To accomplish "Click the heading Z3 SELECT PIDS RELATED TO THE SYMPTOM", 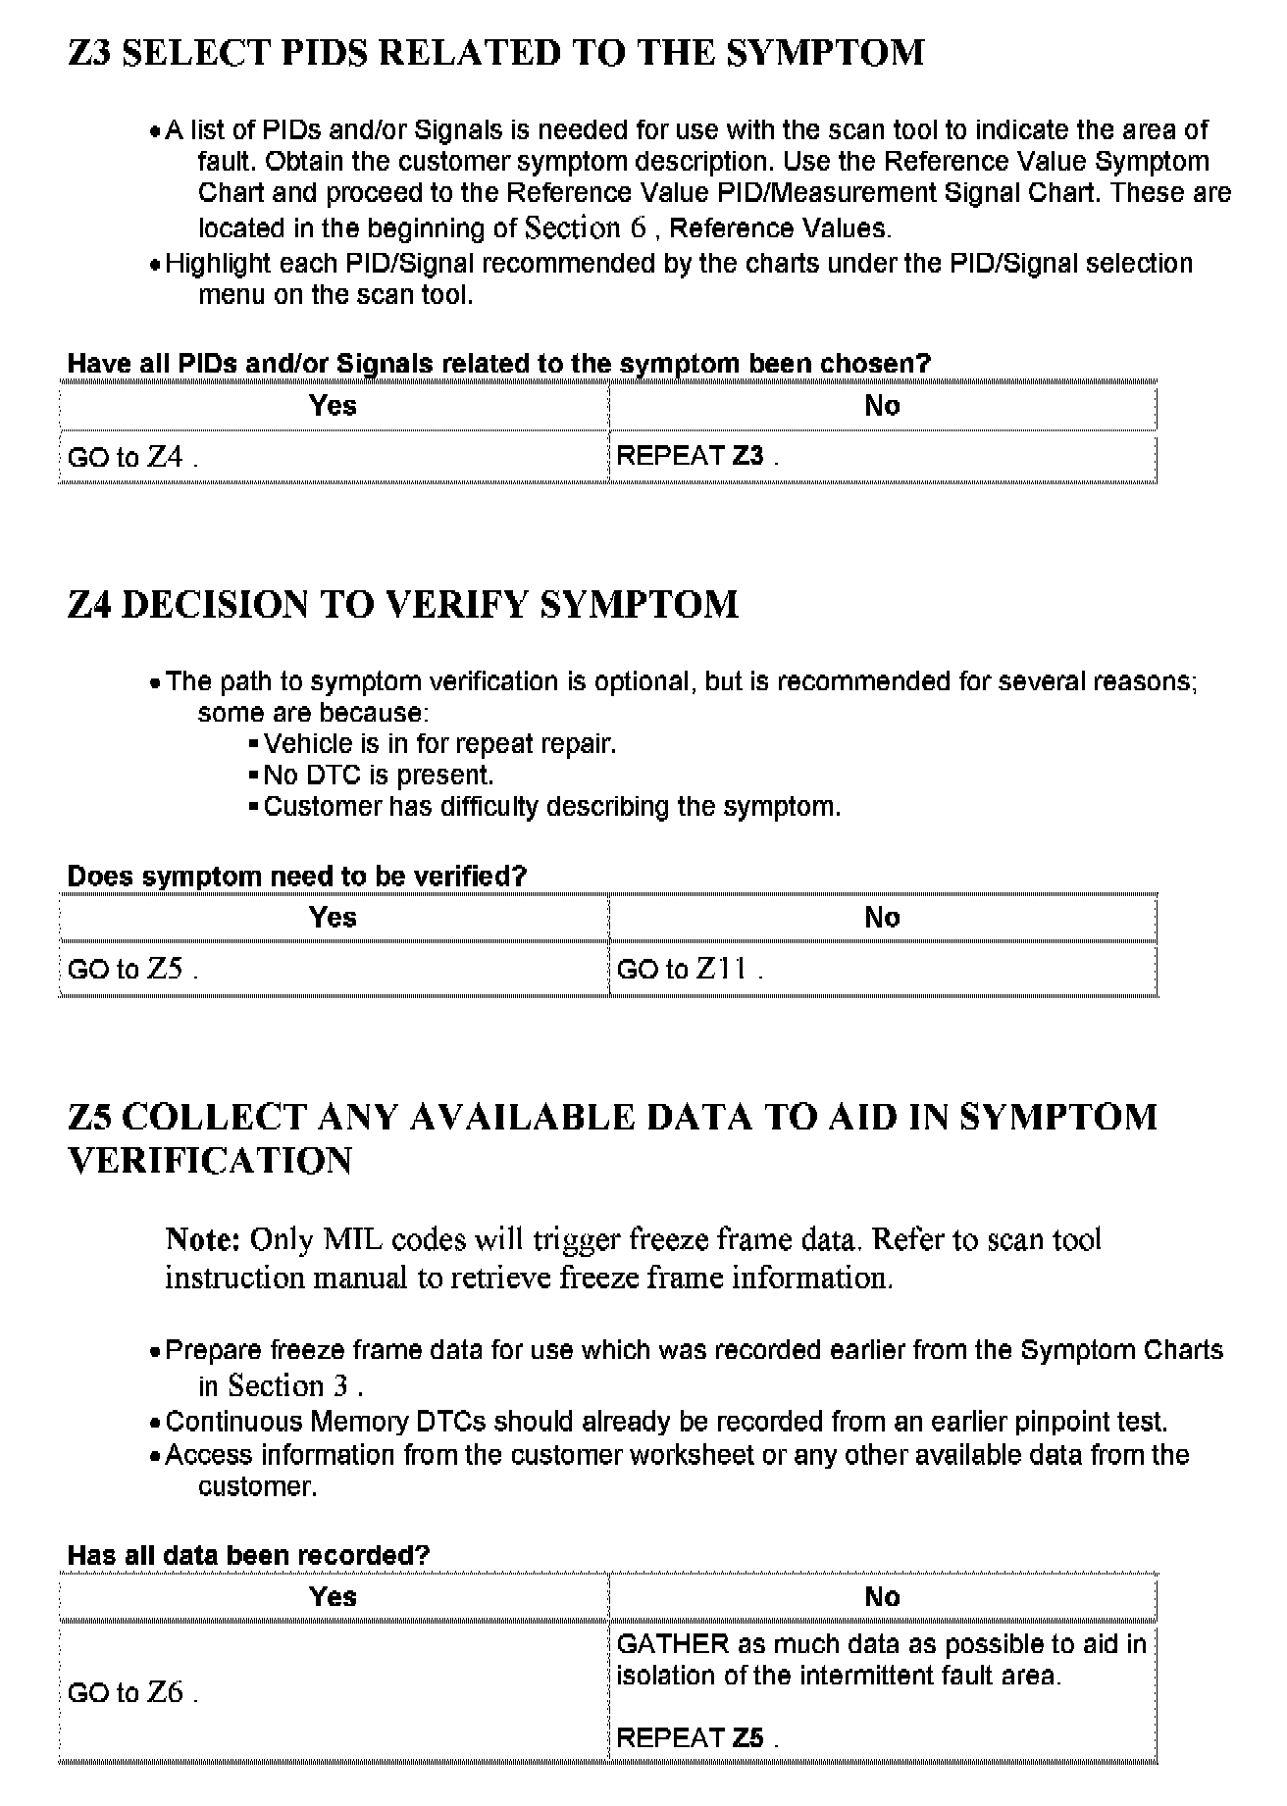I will point(495,53).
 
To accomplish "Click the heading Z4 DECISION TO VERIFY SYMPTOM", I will point(402,605).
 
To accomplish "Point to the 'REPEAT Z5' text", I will point(696,1738).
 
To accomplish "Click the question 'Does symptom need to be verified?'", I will point(296,877).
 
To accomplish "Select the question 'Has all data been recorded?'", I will point(248,1555).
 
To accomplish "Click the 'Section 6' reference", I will point(586,227).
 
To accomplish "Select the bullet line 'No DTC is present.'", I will point(378,776).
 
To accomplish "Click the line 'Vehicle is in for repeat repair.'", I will point(439,744).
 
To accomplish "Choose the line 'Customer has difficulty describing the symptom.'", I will point(552,807).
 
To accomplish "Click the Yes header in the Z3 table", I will point(333,406).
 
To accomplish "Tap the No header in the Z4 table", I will point(882,918).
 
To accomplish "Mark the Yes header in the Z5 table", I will point(333,1597).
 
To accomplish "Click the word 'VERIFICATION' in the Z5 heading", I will point(210,1161).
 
